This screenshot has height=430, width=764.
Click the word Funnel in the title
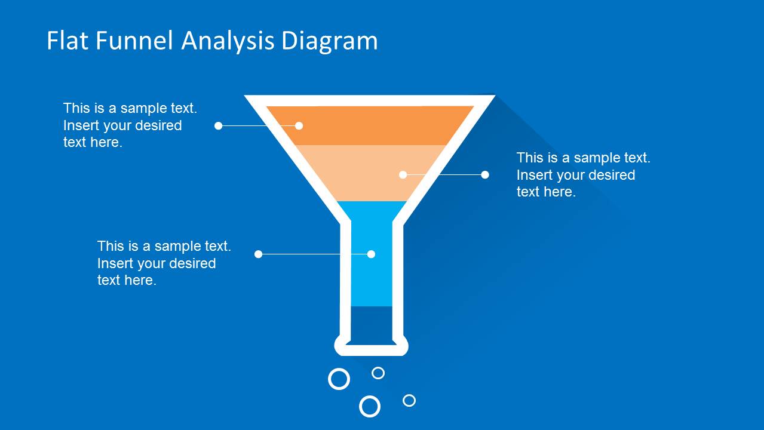point(134,41)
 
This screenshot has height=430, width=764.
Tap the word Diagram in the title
point(330,42)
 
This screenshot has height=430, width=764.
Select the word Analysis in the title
point(228,42)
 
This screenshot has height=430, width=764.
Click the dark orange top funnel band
point(370,125)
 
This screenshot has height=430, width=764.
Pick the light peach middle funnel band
point(371,173)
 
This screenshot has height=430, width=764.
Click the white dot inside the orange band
point(299,126)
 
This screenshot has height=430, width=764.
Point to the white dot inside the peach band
point(403,175)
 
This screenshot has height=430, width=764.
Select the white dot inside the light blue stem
point(371,254)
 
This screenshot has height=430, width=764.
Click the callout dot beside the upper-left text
point(218,126)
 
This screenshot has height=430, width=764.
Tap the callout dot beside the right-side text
point(484,175)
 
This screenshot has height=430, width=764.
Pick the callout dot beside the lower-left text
point(258,254)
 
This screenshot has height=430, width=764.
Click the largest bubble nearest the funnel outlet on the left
point(339,369)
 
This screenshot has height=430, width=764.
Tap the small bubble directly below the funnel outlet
point(378,367)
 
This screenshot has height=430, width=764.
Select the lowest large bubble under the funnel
point(370,397)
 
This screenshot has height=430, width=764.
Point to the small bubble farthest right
point(409,395)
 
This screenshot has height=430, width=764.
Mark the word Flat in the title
point(67,41)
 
